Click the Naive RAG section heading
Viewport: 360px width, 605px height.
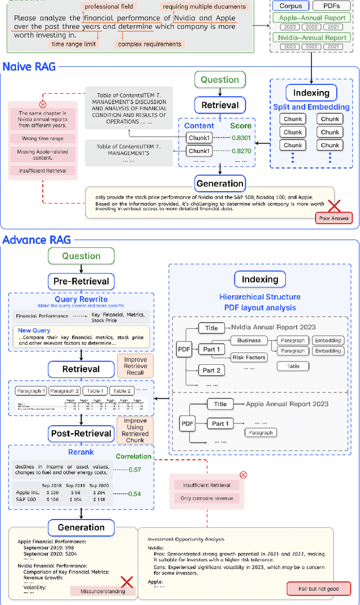click(29, 66)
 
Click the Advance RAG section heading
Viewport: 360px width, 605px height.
click(37, 240)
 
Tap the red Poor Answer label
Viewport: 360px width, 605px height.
click(333, 219)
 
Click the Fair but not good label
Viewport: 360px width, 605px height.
click(318, 589)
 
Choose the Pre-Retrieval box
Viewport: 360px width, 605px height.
click(81, 281)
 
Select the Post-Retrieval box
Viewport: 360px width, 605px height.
click(81, 433)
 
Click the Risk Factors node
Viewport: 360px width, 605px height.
click(248, 357)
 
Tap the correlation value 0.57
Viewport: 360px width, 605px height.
click(135, 469)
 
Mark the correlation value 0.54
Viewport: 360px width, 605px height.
click(135, 494)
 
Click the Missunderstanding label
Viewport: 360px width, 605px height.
click(98, 591)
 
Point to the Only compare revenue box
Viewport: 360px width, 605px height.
click(206, 498)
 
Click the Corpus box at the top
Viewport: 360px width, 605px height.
click(291, 6)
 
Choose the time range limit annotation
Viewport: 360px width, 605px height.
click(74, 44)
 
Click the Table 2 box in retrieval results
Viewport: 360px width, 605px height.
click(121, 391)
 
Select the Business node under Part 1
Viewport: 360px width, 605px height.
click(249, 340)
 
